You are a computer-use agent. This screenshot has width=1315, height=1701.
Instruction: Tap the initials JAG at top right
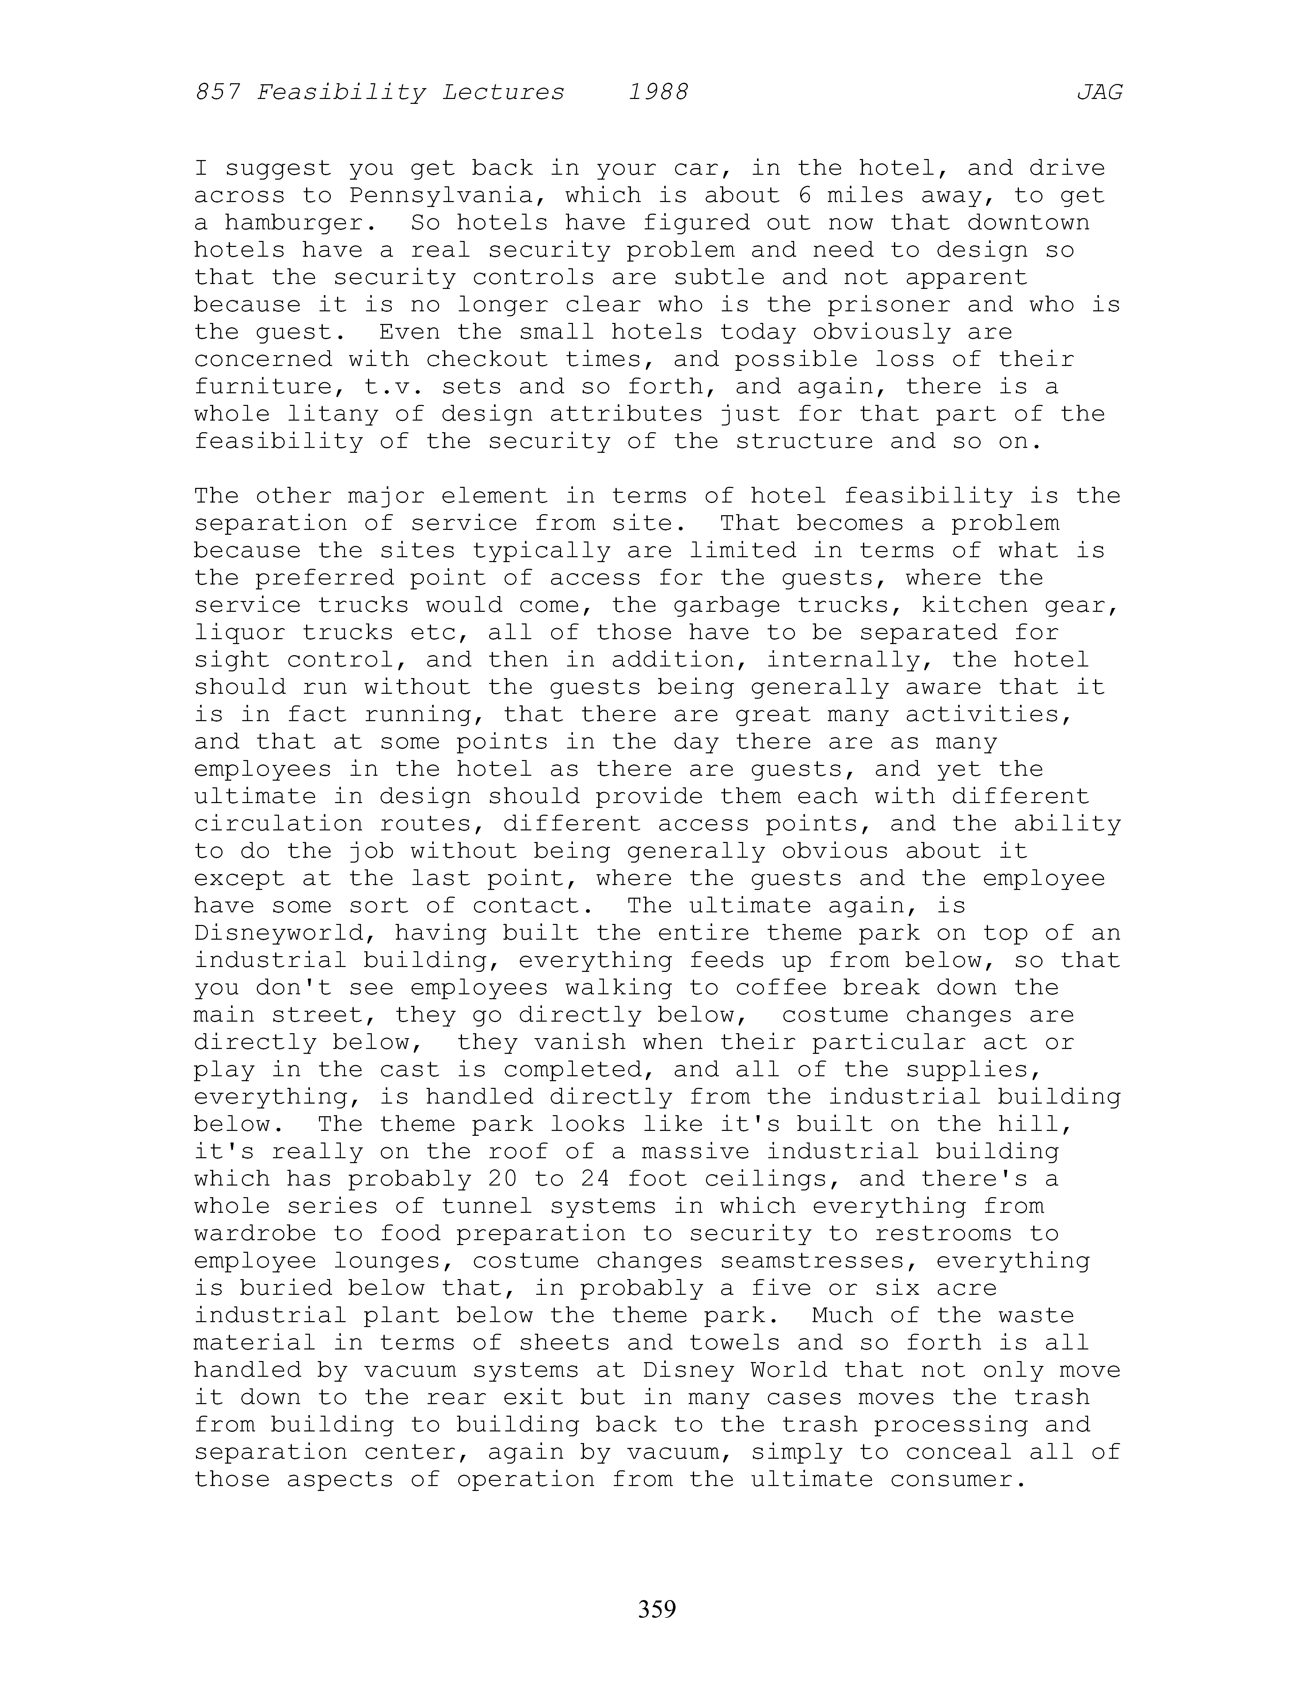pyautogui.click(x=1099, y=93)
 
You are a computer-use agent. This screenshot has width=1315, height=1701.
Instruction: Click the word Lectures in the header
pyautogui.click(x=503, y=93)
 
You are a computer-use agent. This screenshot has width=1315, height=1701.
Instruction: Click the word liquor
pyautogui.click(x=240, y=632)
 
